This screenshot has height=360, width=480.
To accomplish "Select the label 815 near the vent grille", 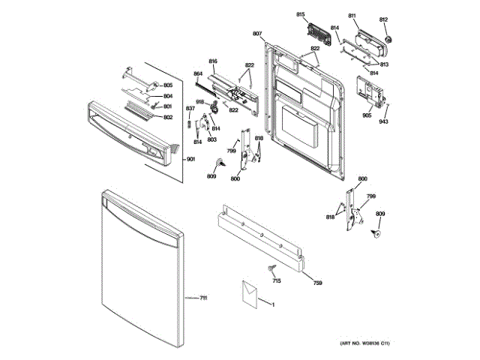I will tap(301, 15).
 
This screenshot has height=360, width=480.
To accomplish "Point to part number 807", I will tap(257, 34).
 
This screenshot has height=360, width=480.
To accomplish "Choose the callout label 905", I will tap(367, 115).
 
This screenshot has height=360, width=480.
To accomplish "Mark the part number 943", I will tap(383, 121).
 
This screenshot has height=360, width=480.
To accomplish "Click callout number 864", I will tap(198, 73).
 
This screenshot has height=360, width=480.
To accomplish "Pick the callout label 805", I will tap(168, 86).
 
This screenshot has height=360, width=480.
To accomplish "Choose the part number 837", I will tap(190, 109).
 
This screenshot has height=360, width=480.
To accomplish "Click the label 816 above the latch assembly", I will tap(213, 61).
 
